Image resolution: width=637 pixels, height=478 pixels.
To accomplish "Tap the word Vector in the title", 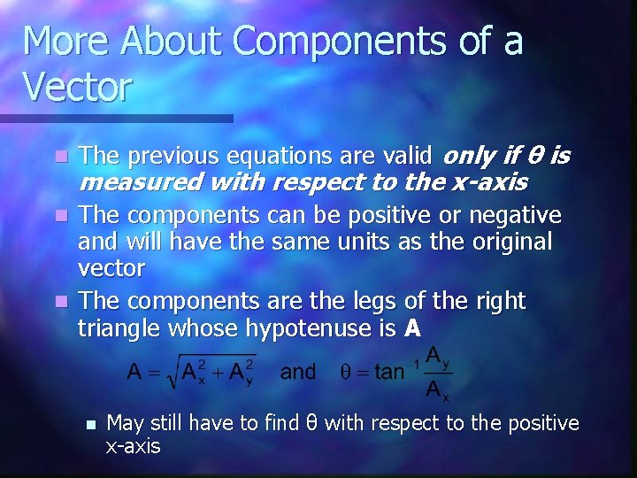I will pyautogui.click(x=77, y=88).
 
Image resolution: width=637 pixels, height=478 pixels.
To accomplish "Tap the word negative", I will pyautogui.click(x=516, y=215).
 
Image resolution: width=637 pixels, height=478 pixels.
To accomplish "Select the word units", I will pyautogui.click(x=372, y=242).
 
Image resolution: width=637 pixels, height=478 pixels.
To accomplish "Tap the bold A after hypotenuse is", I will pyautogui.click(x=411, y=328).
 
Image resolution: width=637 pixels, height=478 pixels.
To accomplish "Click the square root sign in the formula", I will pyautogui.click(x=167, y=371).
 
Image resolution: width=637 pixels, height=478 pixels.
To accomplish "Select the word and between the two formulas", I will pyautogui.click(x=298, y=371).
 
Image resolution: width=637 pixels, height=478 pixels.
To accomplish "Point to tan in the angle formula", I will pyautogui.click(x=388, y=372).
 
